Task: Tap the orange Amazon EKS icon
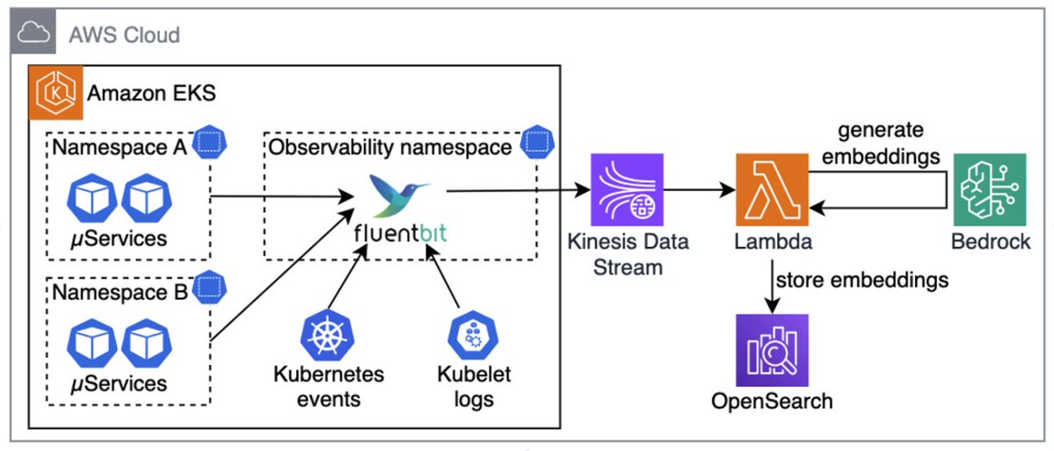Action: (x=55, y=91)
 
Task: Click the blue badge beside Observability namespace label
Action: (x=534, y=142)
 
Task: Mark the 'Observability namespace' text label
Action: (x=390, y=147)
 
